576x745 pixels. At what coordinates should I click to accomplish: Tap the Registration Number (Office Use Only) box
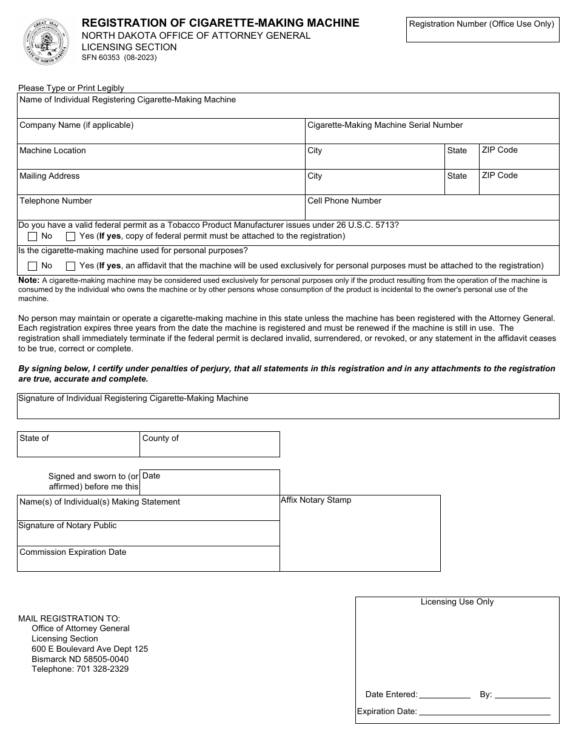coord(482,30)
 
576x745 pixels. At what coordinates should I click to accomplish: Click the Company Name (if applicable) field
coord(161,131)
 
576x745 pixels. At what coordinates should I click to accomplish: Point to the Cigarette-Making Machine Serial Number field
coord(432,131)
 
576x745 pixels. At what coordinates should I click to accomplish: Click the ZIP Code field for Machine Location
coord(518,157)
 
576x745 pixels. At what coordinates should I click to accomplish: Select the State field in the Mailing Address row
coord(461,182)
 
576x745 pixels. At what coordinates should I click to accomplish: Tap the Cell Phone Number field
coord(432,208)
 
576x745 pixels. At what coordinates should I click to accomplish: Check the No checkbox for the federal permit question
coord(33,236)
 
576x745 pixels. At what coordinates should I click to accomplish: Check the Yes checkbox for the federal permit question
coord(71,236)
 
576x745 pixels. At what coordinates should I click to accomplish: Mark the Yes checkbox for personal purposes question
coord(71,266)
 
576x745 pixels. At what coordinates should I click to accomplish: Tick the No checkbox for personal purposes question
coord(33,266)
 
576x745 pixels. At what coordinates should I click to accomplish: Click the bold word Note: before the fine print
coord(28,280)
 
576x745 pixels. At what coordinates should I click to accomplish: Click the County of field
coord(210,445)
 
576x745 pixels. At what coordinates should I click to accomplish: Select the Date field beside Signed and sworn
coord(210,483)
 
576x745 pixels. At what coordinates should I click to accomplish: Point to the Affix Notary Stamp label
coord(316,500)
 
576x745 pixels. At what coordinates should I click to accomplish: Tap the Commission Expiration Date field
coord(148,559)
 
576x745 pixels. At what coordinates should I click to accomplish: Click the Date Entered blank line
coord(444,695)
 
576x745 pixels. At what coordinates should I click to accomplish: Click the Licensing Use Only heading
coord(457,602)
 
